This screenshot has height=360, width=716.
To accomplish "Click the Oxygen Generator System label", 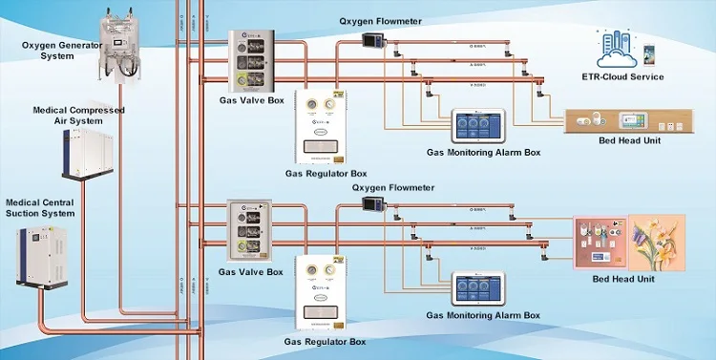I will [x=54, y=50].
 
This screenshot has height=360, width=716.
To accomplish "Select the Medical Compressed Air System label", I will [x=79, y=116].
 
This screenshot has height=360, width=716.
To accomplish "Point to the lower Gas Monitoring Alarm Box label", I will [x=482, y=315].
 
